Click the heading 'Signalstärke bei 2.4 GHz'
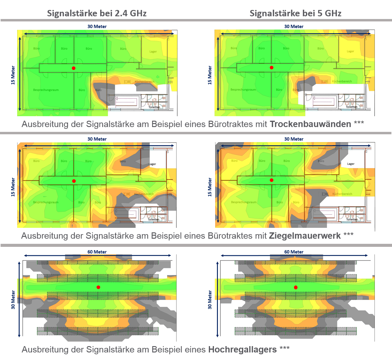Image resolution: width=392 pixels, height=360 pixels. pos(97,13)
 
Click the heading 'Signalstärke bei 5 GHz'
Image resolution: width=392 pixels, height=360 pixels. pos(295,13)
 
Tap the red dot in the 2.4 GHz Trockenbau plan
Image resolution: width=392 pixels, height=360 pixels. pos(74,68)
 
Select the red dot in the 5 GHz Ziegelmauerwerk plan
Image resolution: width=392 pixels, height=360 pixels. pos(272,180)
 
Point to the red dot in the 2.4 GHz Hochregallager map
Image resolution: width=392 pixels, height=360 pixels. pos(98,287)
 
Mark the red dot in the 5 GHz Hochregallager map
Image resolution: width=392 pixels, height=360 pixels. pos(296,287)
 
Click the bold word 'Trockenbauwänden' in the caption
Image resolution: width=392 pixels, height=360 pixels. pos(310,124)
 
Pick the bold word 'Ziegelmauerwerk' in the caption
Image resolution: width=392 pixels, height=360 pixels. pos(305,236)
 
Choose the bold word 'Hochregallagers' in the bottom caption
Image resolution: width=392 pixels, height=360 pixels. pos(242,349)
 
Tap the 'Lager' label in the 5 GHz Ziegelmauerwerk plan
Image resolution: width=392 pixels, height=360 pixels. pos(351,164)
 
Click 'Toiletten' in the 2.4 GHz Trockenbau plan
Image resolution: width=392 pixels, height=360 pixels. pos(154,107)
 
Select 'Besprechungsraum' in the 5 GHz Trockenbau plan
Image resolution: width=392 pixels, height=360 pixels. pos(243,90)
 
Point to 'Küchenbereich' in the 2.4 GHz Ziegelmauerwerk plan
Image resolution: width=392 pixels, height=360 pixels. pos(144,194)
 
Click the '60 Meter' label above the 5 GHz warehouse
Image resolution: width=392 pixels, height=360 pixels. pos(294,252)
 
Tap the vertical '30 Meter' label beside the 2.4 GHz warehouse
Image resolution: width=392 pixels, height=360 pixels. pos(13,300)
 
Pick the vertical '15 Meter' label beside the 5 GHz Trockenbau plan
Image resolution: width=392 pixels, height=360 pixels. pos(210,75)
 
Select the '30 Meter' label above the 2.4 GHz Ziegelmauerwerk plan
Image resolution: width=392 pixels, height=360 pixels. pos(97,139)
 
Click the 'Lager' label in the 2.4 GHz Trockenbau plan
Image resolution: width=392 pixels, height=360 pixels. pos(153,52)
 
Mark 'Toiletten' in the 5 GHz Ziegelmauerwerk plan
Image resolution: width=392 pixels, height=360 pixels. pos(352,219)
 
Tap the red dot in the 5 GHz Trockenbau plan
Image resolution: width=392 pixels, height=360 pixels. pos(272,68)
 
